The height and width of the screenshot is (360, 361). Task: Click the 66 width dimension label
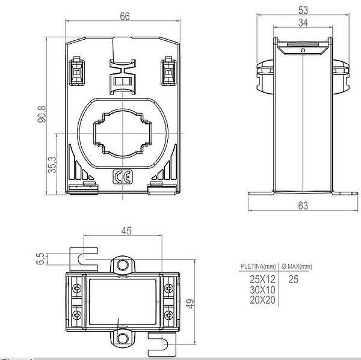click(125, 16)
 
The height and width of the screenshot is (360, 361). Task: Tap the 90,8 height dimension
click(42, 114)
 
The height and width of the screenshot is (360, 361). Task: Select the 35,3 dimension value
click(52, 165)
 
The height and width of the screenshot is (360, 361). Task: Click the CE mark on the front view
click(123, 177)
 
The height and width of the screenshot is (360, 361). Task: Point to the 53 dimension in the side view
click(303, 10)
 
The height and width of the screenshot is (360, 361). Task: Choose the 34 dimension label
click(303, 23)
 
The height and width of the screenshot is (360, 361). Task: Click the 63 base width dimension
click(303, 206)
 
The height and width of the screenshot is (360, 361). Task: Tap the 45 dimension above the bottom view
click(126, 231)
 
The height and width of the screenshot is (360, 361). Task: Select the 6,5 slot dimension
click(40, 258)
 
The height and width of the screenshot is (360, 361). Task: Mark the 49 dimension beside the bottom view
click(190, 304)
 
